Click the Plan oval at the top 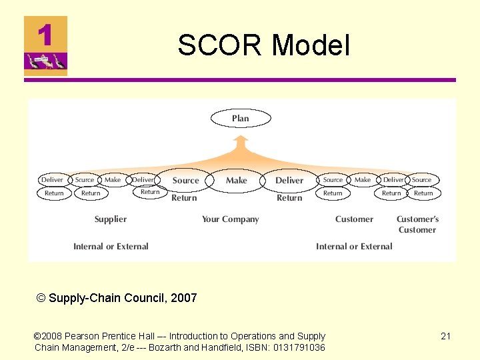241,119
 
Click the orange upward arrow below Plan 241,143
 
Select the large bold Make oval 236,180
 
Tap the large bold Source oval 185,180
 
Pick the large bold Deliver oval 289,180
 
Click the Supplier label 111,219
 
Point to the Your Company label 231,219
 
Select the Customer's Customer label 417,224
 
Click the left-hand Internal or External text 111,246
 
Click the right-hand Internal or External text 354,246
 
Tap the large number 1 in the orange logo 45,35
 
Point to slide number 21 445,336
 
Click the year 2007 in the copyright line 183,298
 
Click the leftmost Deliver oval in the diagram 52,179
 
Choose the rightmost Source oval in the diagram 421,179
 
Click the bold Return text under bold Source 184,198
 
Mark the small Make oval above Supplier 113,179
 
